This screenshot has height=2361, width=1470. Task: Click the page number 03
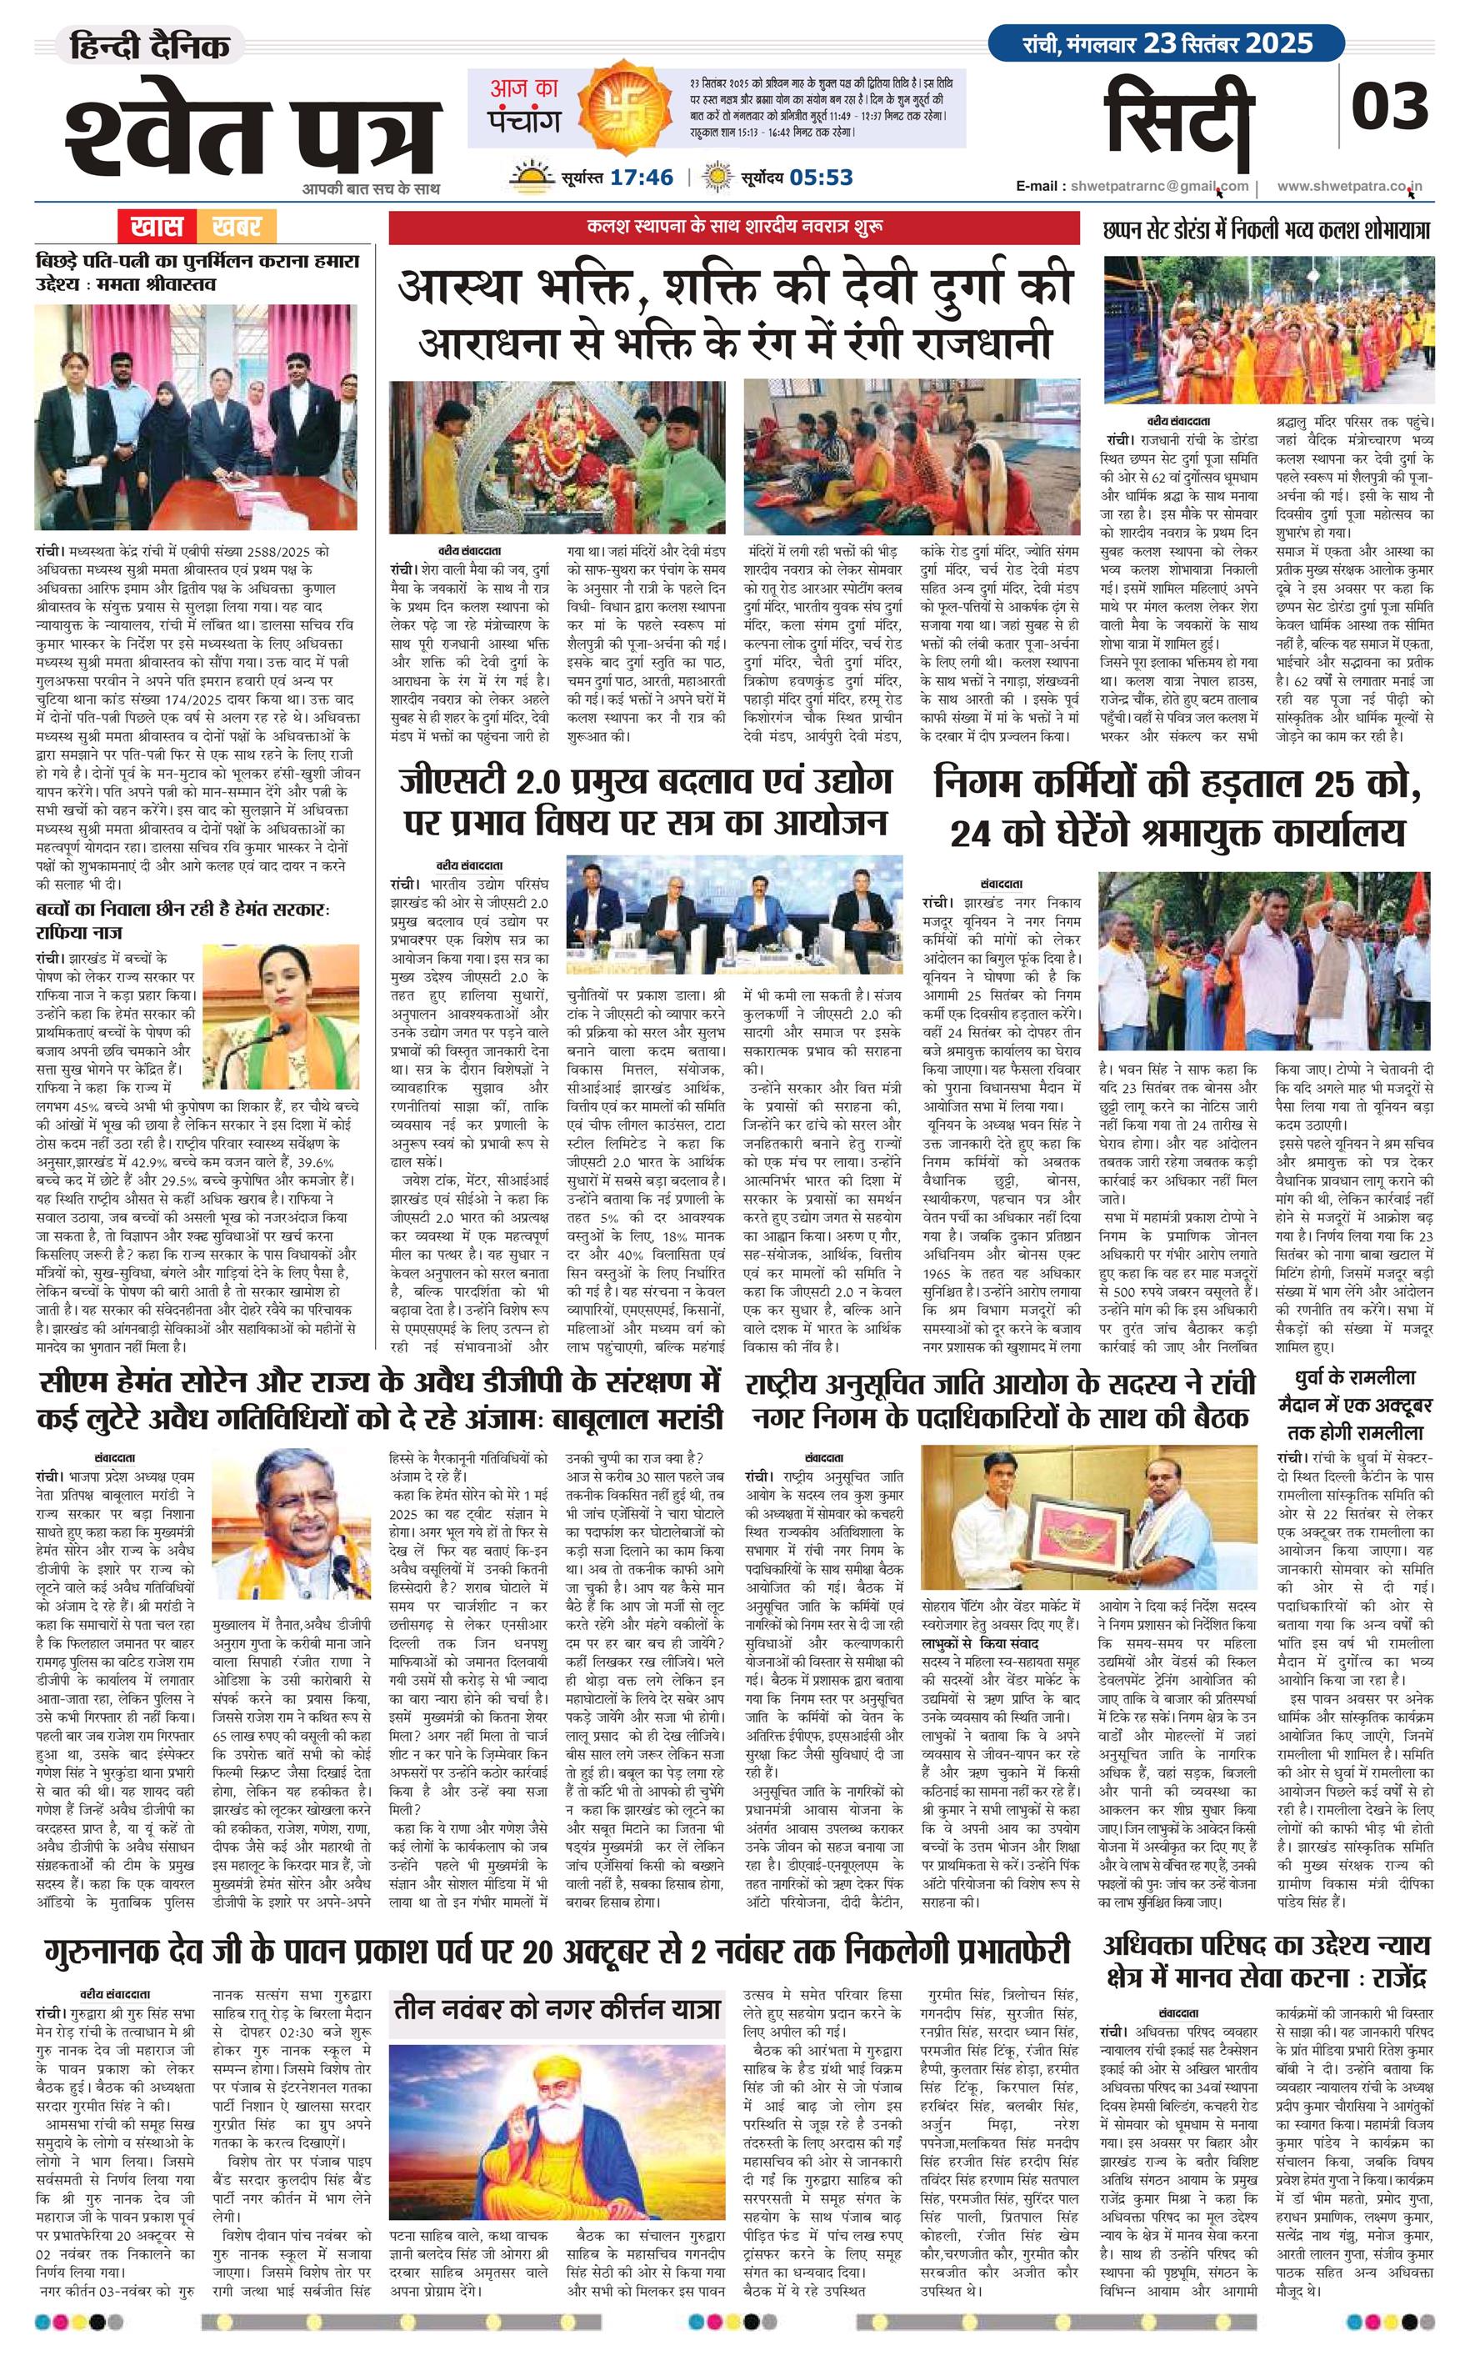(1389, 106)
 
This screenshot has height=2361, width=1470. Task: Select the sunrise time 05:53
(822, 177)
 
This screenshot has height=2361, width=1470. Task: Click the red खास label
(156, 228)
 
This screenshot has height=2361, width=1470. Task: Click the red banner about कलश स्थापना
(734, 228)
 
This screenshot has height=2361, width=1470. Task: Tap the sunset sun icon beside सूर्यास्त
(532, 177)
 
